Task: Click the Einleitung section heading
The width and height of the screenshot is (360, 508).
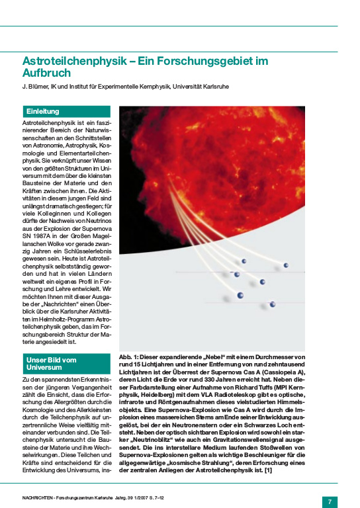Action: pos(43,111)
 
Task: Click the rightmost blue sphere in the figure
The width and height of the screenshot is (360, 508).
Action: pos(286,265)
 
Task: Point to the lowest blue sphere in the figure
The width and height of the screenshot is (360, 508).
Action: pos(272,304)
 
